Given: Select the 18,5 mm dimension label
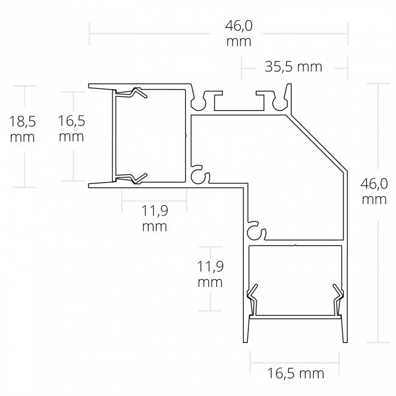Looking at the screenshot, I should coord(23,129).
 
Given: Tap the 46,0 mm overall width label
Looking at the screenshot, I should coord(239,34).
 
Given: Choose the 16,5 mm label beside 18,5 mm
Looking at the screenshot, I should coord(71,129).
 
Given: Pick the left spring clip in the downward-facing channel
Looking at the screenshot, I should coord(251,299).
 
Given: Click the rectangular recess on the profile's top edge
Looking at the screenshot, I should coord(238,105).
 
